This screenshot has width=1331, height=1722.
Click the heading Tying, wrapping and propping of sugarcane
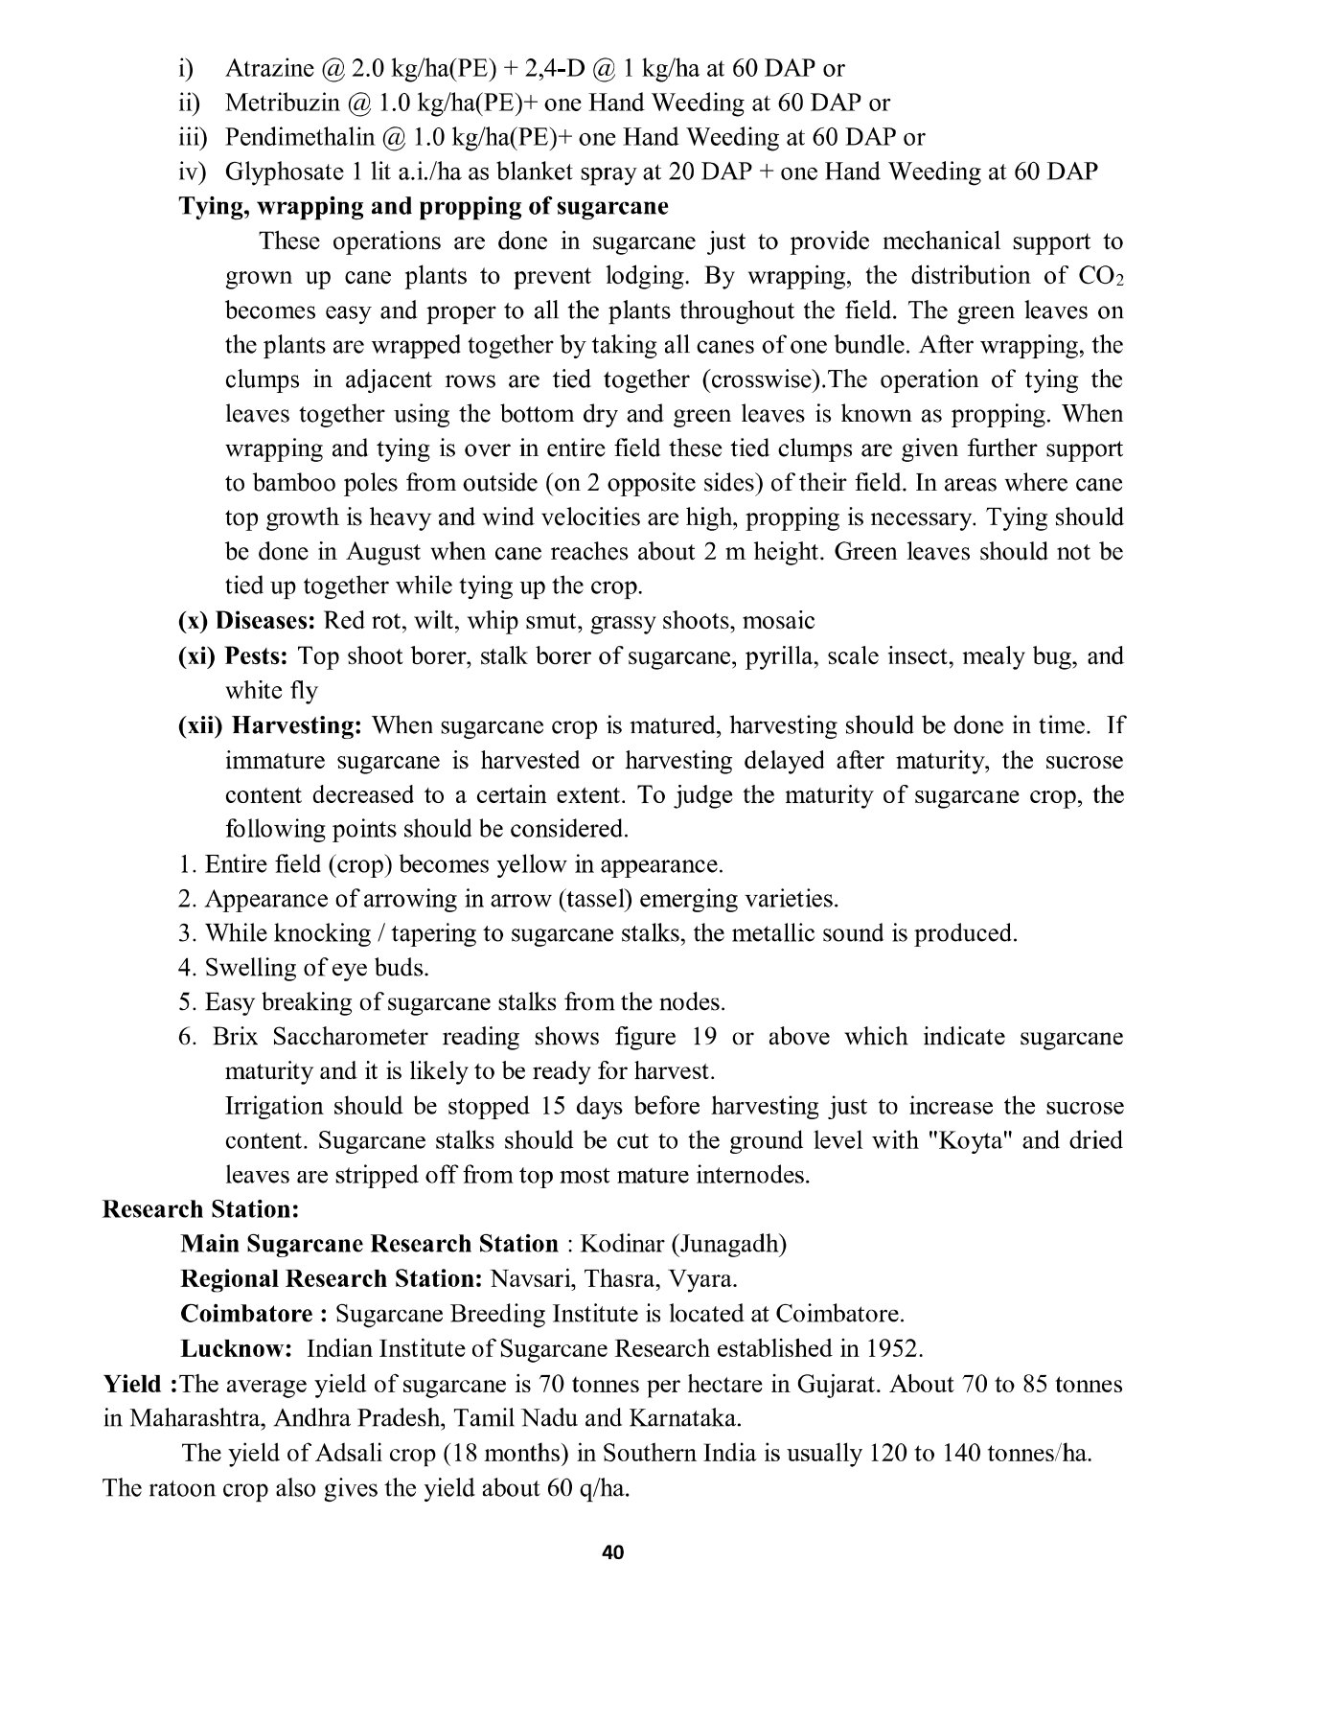tap(424, 206)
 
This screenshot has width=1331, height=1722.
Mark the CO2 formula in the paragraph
tap(1100, 276)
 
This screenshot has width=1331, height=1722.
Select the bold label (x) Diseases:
tap(247, 621)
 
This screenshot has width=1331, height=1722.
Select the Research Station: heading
tap(201, 1209)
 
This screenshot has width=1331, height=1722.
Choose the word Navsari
tap(527, 1278)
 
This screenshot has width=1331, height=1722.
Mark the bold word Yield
tap(133, 1384)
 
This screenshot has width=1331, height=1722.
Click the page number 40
tap(613, 1552)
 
